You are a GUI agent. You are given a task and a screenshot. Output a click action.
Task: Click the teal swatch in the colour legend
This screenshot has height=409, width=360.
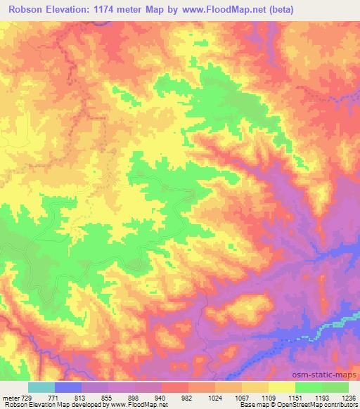[41, 387]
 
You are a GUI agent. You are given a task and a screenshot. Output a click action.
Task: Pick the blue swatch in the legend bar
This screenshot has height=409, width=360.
[68, 387]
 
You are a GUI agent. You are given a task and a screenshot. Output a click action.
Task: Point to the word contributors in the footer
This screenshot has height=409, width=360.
[337, 405]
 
